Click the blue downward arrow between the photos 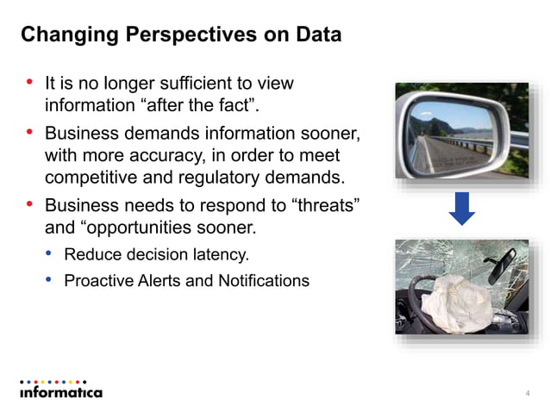[x=462, y=208]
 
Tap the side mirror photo [x=461, y=130]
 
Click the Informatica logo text [x=60, y=392]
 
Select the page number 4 [x=527, y=394]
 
